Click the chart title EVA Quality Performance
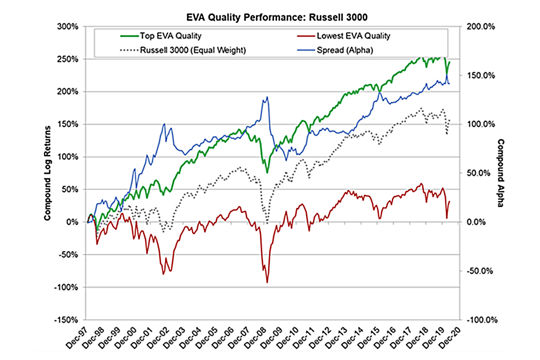[x=277, y=17]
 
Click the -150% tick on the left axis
[x=66, y=320]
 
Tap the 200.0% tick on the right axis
[x=481, y=27]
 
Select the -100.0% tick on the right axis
[x=482, y=320]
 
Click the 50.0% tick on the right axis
[x=478, y=173]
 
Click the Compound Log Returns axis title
[x=47, y=173]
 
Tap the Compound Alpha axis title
[x=500, y=173]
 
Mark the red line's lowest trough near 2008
[x=267, y=282]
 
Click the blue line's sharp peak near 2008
[x=267, y=97]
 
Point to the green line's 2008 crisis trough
[x=267, y=173]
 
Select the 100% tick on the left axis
[x=68, y=157]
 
